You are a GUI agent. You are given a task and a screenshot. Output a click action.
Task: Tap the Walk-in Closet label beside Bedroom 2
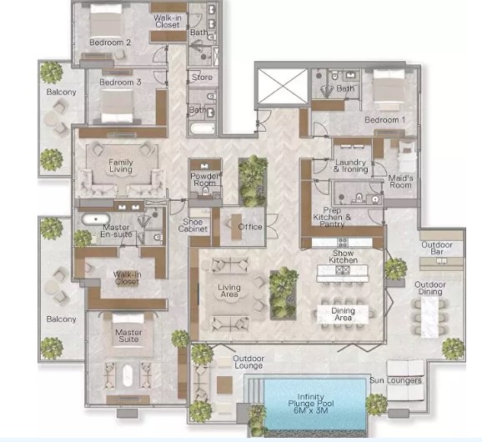click(168, 20)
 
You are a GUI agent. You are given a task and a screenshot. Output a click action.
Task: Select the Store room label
click(202, 78)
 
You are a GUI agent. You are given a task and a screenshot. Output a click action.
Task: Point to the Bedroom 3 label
click(120, 83)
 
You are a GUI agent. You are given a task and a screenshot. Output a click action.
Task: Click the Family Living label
click(121, 165)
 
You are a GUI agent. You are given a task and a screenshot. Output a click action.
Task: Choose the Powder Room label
click(204, 180)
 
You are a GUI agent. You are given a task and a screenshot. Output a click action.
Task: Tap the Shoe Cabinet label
click(198, 226)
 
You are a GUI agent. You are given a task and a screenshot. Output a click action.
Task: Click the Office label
click(250, 227)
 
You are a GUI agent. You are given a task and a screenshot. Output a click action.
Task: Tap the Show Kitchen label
click(344, 257)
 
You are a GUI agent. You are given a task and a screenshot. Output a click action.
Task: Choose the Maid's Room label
click(400, 181)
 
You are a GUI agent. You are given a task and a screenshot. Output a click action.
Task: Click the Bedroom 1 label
click(384, 120)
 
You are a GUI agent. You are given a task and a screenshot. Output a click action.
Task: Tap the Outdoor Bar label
click(436, 248)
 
